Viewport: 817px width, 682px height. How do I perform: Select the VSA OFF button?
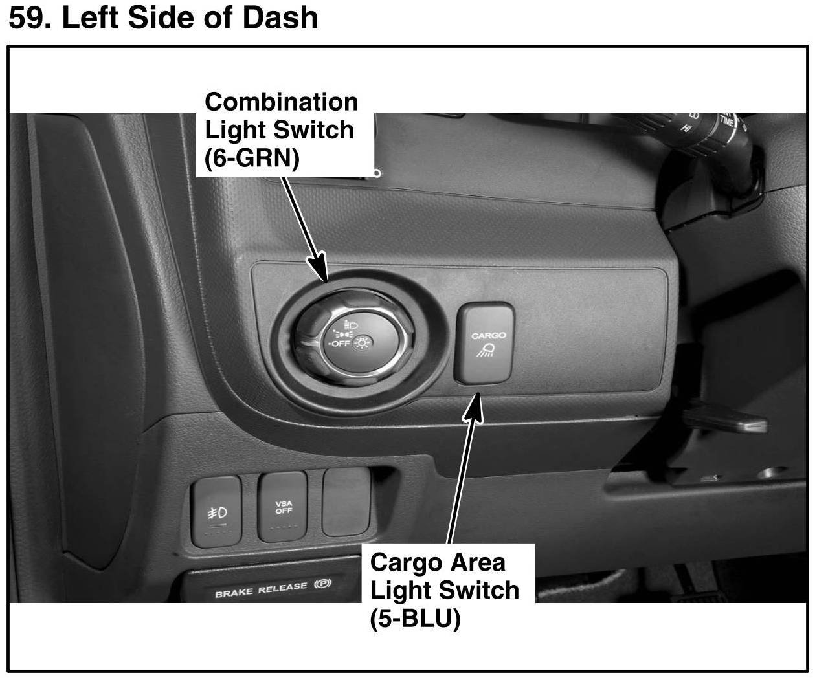coord(283,507)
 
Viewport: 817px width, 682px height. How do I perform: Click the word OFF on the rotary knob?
coord(340,344)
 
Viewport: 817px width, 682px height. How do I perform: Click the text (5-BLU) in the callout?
coord(414,619)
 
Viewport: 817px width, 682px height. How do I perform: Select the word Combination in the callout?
coord(281,102)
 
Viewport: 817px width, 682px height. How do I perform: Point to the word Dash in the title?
coord(280,17)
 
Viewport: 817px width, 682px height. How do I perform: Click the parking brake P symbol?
coord(322,584)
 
